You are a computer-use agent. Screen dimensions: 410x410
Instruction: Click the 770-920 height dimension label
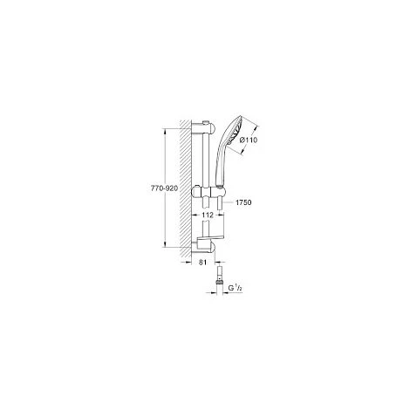(164, 188)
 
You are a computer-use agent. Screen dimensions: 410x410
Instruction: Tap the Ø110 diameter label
(249, 140)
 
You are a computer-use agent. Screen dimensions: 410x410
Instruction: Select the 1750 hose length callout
(243, 202)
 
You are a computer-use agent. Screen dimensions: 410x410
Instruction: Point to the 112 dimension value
(208, 215)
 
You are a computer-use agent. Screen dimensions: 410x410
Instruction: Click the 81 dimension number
(202, 263)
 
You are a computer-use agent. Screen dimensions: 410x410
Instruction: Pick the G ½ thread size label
(236, 288)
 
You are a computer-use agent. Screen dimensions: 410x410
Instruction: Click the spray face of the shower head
(235, 132)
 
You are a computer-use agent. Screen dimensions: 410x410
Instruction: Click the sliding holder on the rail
(208, 192)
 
